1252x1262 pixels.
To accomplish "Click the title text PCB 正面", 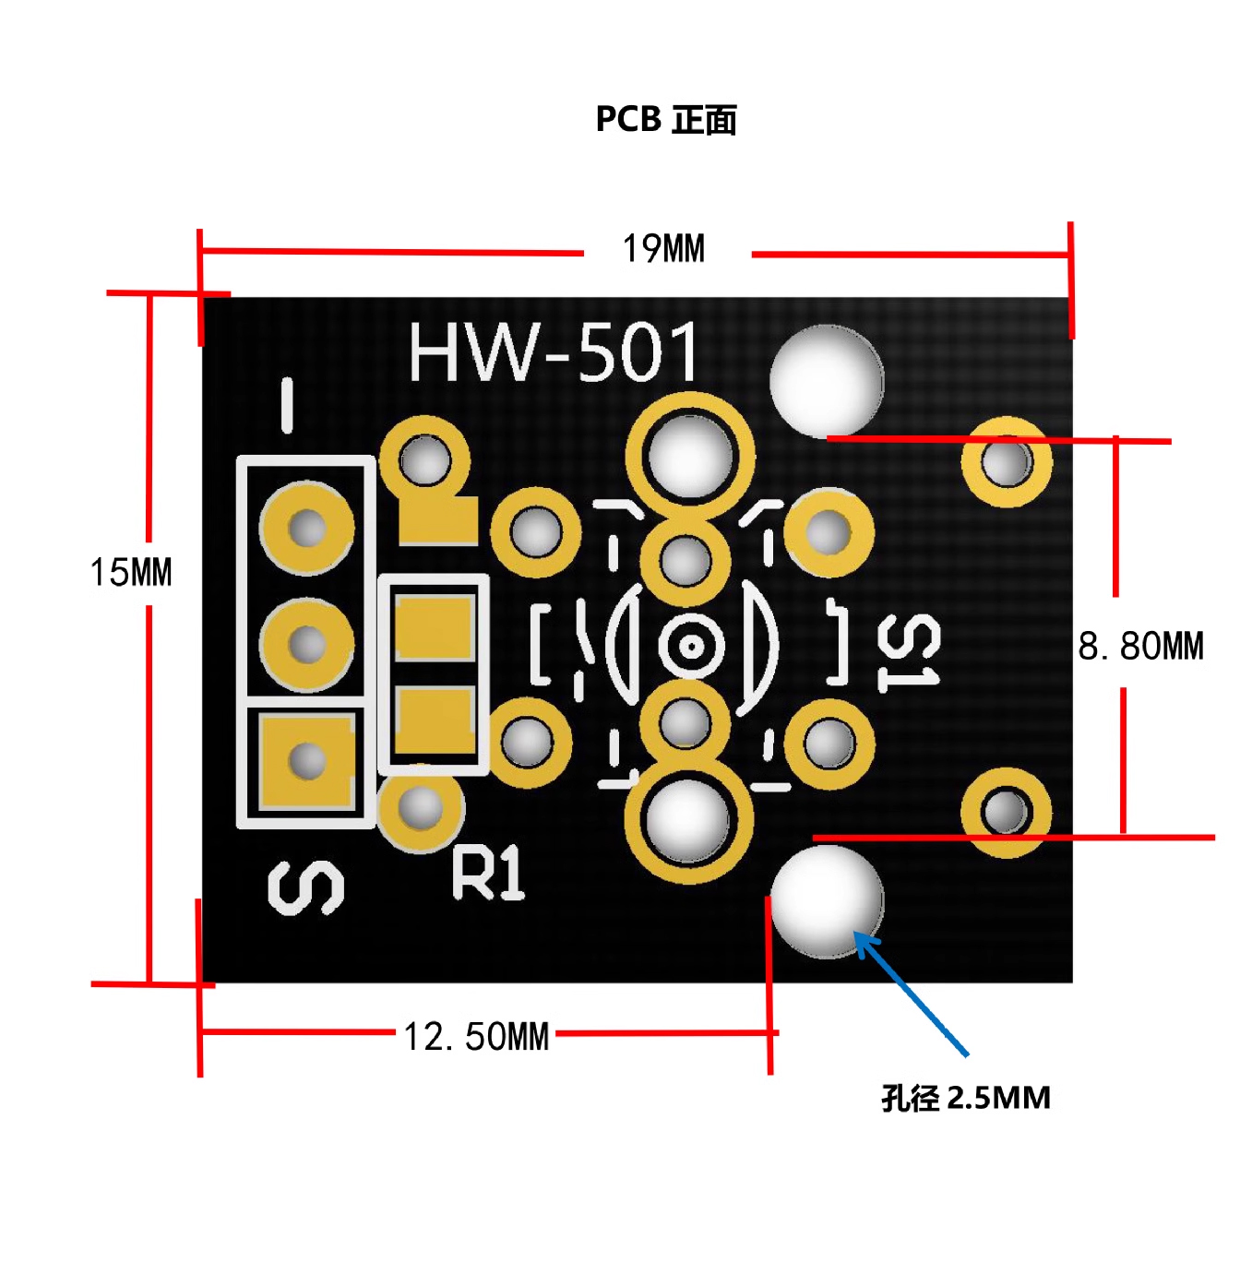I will tap(665, 120).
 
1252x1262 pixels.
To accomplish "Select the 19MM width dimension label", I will tap(663, 249).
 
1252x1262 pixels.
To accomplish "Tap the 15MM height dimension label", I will tap(131, 573).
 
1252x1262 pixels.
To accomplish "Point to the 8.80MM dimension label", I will tap(1140, 646).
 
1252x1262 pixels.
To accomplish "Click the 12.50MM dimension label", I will tap(476, 1037).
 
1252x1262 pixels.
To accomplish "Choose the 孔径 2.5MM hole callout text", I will tap(965, 1098).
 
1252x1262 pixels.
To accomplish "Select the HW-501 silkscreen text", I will tap(554, 352).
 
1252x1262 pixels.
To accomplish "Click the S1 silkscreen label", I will tap(909, 652).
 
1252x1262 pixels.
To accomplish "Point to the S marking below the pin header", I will tap(306, 887).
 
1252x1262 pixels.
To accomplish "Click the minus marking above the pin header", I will tap(288, 405).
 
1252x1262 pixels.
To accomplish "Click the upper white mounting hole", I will tap(827, 380).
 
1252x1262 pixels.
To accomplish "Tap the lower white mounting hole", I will tap(827, 901).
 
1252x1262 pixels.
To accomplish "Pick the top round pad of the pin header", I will tap(307, 529).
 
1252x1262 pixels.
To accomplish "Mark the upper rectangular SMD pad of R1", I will tap(434, 627).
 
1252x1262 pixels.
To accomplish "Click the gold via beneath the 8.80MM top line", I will tap(1007, 461).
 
